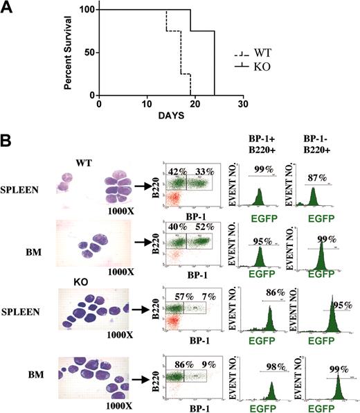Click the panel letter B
coord(8,139)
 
